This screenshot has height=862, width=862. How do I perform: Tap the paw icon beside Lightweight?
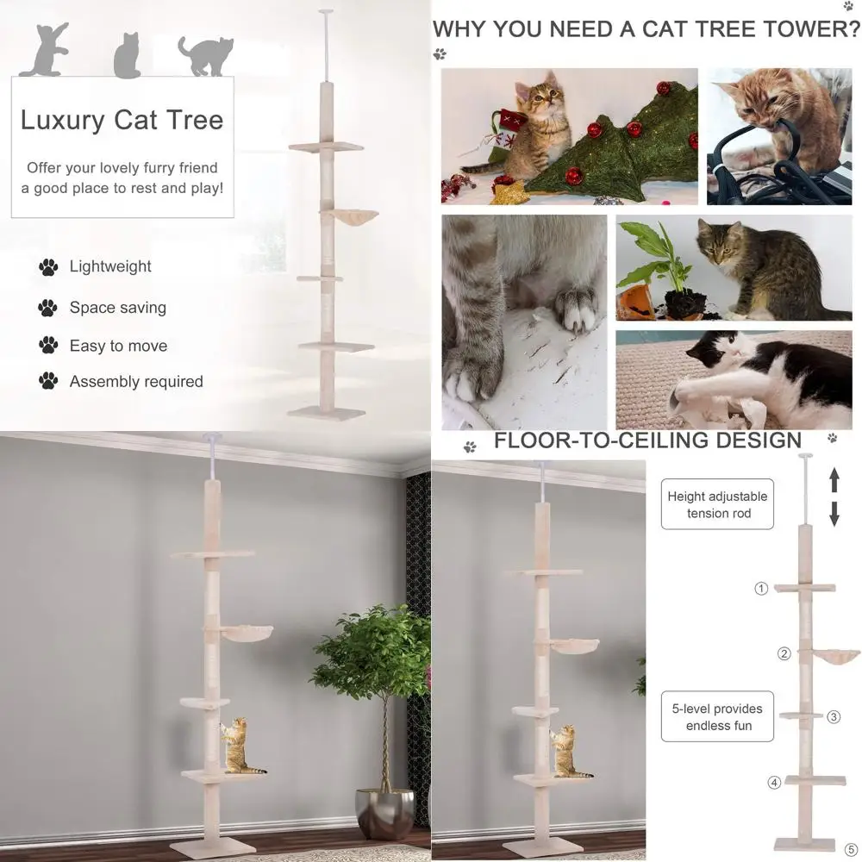coord(48,267)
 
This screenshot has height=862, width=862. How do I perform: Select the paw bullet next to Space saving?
coord(48,308)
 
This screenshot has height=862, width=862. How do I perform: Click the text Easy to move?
coord(118,346)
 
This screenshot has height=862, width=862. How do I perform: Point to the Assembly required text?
coord(136,381)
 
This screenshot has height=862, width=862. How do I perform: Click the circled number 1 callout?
coord(761,589)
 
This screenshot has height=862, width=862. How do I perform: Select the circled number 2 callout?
coord(784,653)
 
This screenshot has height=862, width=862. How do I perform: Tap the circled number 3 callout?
coord(834,716)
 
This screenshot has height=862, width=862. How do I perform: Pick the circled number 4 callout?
coord(774,783)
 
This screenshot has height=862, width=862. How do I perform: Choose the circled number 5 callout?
coord(852,848)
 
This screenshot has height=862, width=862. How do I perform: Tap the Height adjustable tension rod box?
coord(717,505)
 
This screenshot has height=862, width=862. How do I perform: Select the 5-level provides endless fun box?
coord(718,717)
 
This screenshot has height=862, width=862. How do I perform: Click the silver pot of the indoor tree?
coord(384,813)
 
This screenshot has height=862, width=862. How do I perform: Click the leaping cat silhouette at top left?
coord(44,51)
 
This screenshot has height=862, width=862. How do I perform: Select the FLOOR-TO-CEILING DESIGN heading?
coord(647,441)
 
